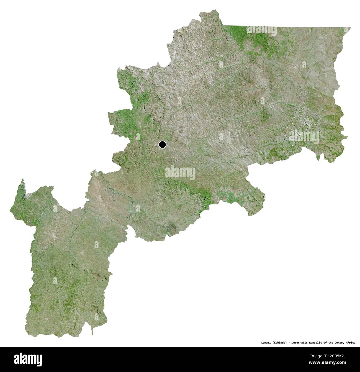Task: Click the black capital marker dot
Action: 162,144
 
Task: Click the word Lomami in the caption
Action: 266,343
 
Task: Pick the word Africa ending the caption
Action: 351,343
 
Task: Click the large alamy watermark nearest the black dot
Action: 180,173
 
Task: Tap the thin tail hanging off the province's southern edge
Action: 92,331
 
